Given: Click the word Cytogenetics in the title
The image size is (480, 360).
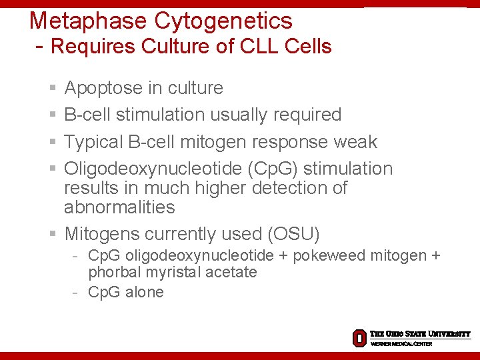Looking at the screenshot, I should pos(223,21).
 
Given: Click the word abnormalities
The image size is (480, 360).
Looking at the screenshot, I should pos(119,207).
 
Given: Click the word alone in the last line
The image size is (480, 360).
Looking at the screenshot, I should pos(144,292).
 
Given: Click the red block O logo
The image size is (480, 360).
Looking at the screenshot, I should pos(359,338).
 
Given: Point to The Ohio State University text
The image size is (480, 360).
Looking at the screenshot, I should pos(420,333).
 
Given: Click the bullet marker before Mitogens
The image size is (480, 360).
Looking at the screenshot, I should pos(53,235).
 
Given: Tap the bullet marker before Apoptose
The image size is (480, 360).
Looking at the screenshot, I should pos(53,88).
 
